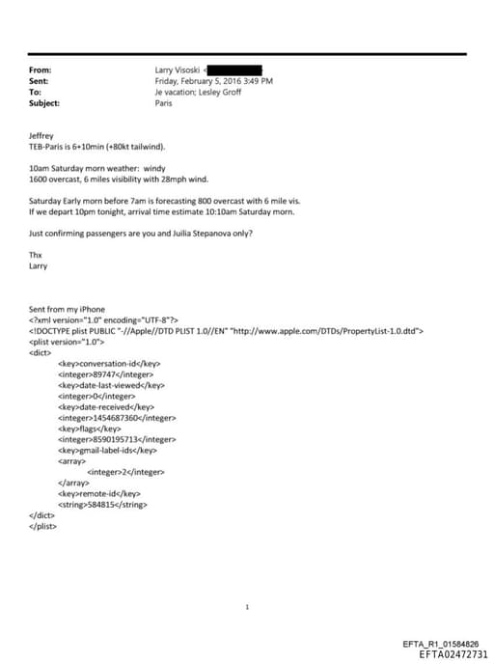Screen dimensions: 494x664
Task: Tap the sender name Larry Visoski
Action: (177, 70)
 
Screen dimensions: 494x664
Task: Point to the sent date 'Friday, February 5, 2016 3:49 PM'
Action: (213, 81)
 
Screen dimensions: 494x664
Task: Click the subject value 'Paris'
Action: (164, 102)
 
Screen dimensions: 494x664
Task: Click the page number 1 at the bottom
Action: (248, 607)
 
